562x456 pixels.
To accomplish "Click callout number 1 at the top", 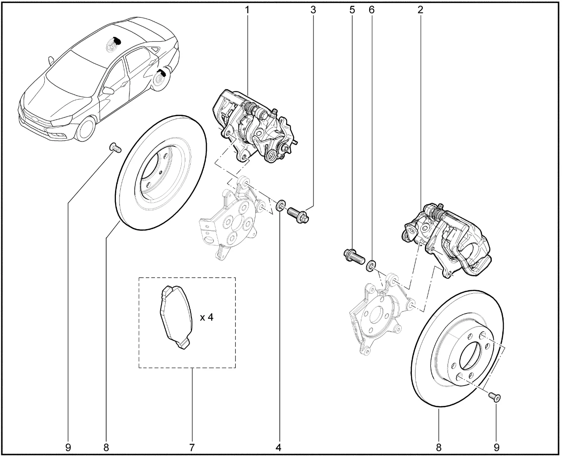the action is pyautogui.click(x=247, y=10).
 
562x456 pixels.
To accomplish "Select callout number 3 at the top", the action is pyautogui.click(x=313, y=10).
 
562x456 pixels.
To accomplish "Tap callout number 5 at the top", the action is pyautogui.click(x=352, y=10).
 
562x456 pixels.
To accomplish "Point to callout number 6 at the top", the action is pyautogui.click(x=371, y=10).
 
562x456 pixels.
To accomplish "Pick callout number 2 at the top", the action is pyautogui.click(x=420, y=10).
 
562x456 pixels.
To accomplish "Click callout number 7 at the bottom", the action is pyautogui.click(x=192, y=447).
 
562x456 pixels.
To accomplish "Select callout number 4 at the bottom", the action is pyautogui.click(x=278, y=447).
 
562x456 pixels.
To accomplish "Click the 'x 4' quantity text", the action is pyautogui.click(x=207, y=317).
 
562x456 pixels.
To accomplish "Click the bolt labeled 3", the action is pyautogui.click(x=298, y=215).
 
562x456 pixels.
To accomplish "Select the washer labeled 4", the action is pyautogui.click(x=281, y=205).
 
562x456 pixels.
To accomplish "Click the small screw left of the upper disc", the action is pyautogui.click(x=115, y=147).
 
